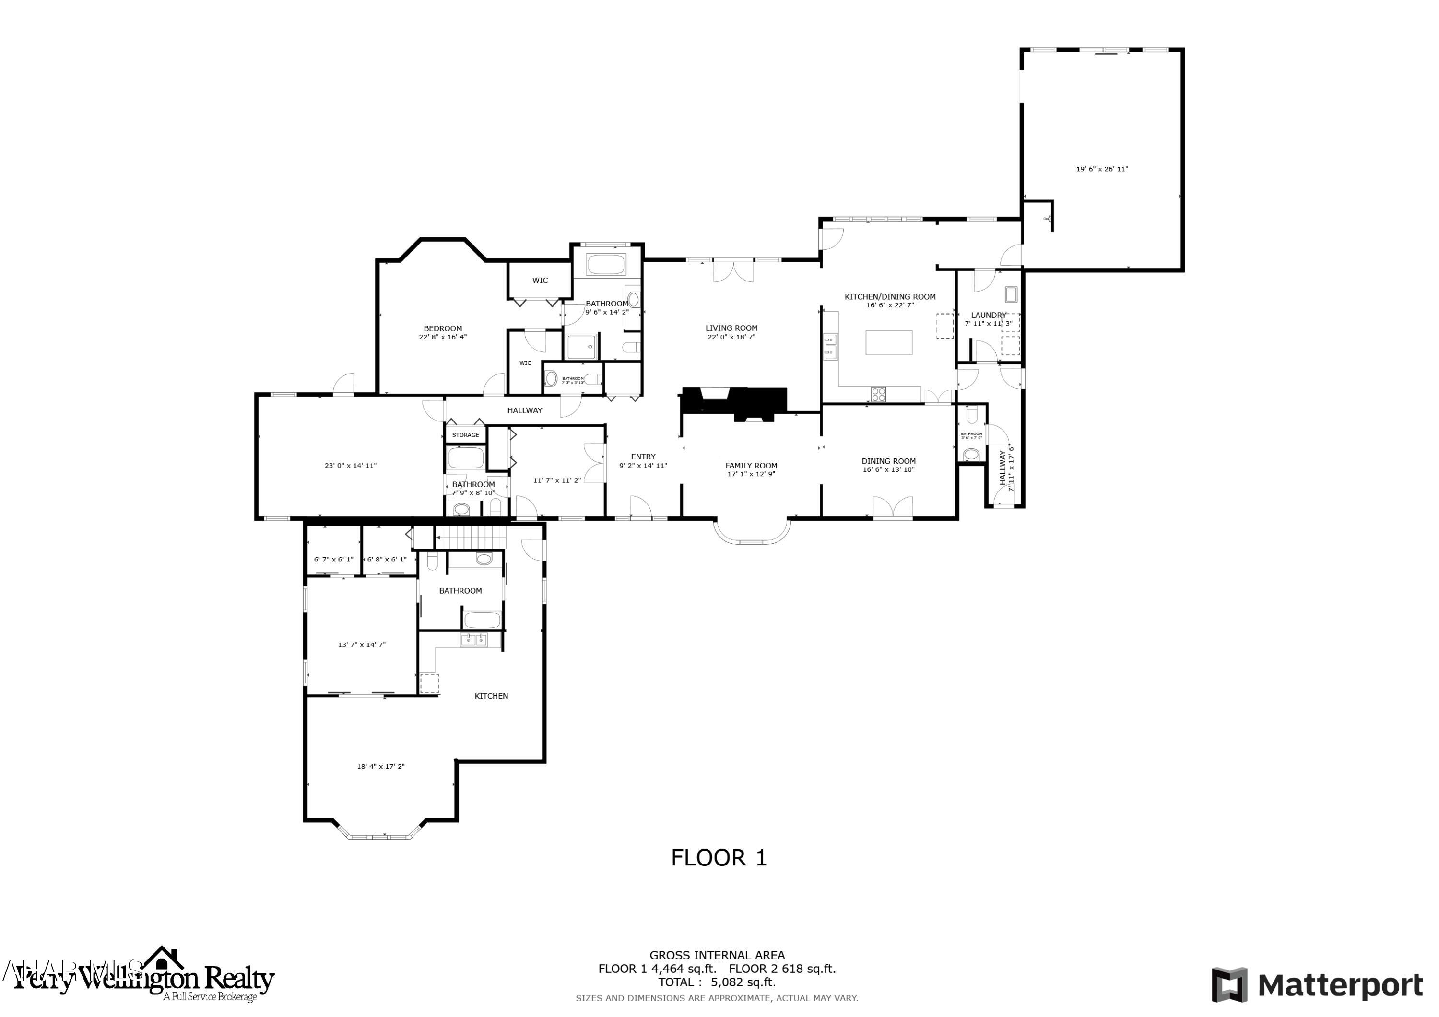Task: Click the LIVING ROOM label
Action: click(731, 327)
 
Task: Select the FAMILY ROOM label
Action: click(751, 465)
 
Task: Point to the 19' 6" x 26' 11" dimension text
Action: click(1102, 169)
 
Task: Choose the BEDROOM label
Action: click(442, 328)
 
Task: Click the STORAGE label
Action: click(466, 435)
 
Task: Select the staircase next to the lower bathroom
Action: click(470, 537)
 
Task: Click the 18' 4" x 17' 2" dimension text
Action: click(380, 766)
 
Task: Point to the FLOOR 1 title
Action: click(719, 858)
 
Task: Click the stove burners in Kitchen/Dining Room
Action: click(879, 394)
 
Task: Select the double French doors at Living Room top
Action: click(732, 271)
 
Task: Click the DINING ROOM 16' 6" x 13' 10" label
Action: click(888, 465)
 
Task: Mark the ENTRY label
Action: click(643, 457)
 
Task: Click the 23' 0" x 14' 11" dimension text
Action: click(350, 466)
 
